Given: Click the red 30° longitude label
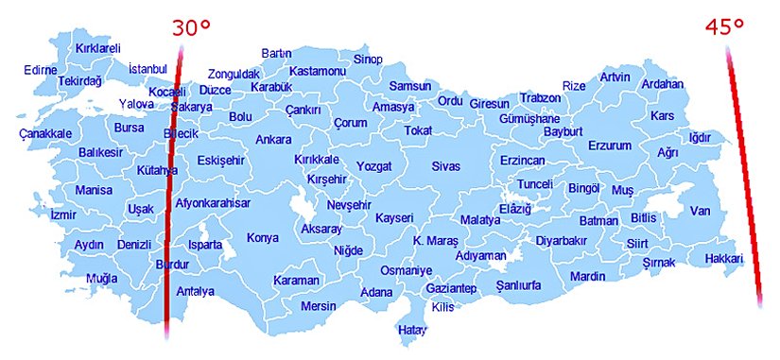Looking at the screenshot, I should [191, 27].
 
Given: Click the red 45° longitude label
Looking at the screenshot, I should [725, 27].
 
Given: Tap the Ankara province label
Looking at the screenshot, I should [273, 140].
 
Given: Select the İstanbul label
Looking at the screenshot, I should [147, 69].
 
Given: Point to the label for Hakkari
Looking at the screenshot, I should [724, 258].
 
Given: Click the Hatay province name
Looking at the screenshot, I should [412, 330].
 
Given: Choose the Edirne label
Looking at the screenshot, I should [41, 70].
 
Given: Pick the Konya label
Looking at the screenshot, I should [263, 238].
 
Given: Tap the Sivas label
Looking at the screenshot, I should [445, 166].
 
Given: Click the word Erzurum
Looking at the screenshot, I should [609, 146].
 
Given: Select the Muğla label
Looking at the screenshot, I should [101, 279].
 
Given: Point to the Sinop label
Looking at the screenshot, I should [367, 60].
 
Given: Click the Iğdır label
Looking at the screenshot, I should [700, 138].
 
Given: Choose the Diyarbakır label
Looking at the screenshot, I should [562, 241].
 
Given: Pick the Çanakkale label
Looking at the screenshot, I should [45, 134].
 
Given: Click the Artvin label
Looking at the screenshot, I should [615, 77].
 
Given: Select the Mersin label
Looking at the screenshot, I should [318, 306].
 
